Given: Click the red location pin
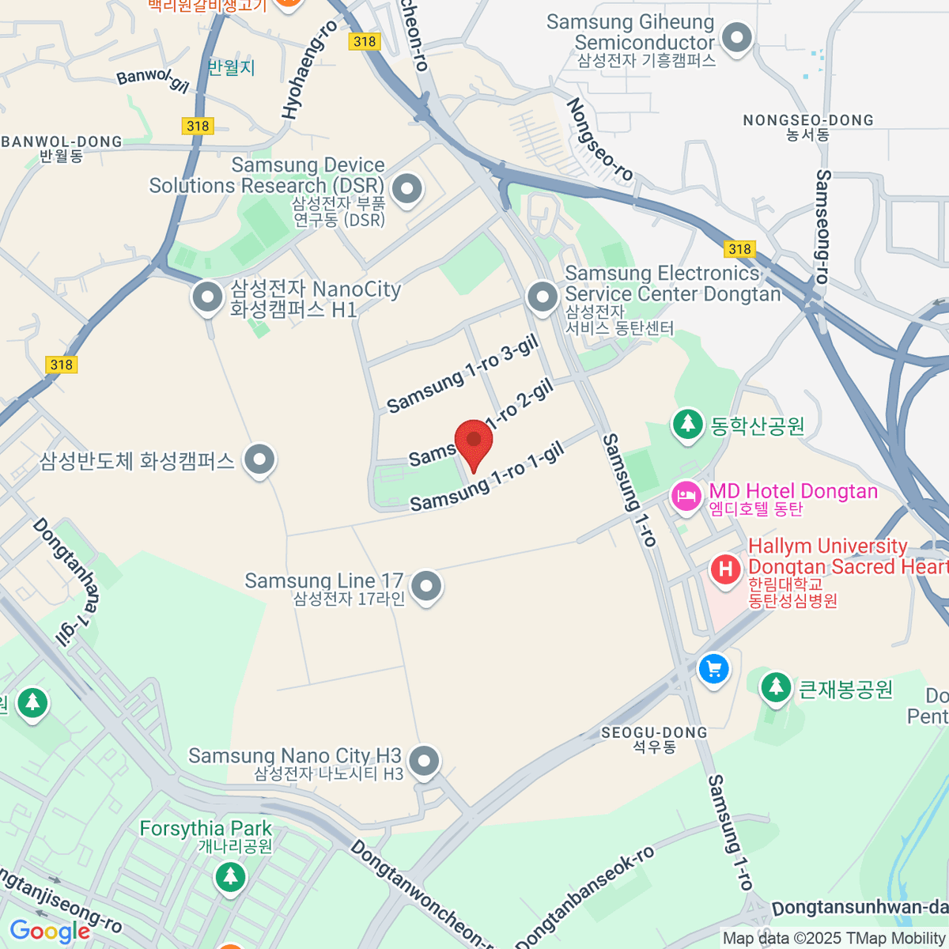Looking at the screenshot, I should click(x=474, y=443).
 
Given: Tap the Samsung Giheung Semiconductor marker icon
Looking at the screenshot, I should click(x=738, y=38).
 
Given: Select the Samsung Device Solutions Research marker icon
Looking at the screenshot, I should click(x=407, y=190).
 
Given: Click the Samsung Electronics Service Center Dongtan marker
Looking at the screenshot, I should click(x=543, y=298).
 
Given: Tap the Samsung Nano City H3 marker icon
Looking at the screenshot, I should click(x=425, y=762).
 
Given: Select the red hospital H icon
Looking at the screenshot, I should click(x=725, y=569).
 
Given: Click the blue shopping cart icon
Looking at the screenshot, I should click(x=713, y=669).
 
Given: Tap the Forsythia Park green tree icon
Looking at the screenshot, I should click(x=230, y=876).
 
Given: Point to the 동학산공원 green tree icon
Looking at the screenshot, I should click(x=688, y=425).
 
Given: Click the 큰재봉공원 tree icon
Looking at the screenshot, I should click(x=776, y=687).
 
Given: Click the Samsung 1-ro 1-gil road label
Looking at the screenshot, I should click(x=487, y=477).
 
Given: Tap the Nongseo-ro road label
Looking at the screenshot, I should click(x=599, y=140).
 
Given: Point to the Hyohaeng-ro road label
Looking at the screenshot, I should click(x=309, y=70).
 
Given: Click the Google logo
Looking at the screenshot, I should click(x=50, y=932).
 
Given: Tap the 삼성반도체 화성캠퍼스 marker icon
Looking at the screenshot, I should click(x=259, y=460).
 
